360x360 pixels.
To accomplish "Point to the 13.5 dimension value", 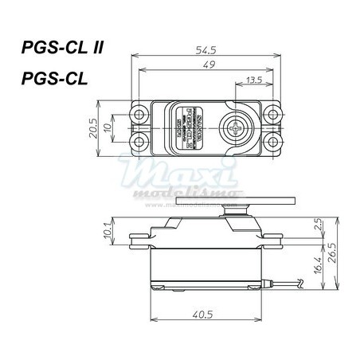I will click(x=255, y=80).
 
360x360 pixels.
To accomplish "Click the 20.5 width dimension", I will click(x=92, y=127).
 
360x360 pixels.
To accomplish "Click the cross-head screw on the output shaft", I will click(x=238, y=127).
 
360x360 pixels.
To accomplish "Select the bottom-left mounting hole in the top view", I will click(x=139, y=142).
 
